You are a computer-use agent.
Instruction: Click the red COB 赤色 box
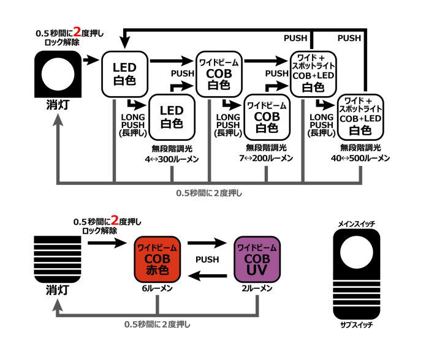point(158,260)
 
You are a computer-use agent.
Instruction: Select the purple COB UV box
point(257,260)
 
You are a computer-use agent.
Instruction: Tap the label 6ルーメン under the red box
point(158,288)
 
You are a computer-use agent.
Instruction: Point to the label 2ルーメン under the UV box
point(257,288)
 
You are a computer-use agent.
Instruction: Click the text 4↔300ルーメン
point(172,159)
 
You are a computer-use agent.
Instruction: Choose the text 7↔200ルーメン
point(266,158)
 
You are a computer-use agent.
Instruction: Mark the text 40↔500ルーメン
point(360,158)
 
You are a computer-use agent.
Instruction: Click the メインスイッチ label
point(357,224)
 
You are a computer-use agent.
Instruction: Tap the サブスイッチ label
point(357,324)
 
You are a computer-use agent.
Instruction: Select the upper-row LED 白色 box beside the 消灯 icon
point(124,74)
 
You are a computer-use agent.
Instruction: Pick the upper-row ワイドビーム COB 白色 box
point(219,74)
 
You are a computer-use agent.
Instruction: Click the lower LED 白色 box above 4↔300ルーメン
point(172,117)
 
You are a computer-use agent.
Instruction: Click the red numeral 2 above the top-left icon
point(77,32)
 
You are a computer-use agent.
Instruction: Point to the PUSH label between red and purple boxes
point(207,260)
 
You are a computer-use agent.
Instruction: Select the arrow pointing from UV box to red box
point(207,276)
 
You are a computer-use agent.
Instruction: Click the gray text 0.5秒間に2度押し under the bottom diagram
point(158,324)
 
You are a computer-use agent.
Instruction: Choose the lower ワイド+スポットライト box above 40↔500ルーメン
point(360,117)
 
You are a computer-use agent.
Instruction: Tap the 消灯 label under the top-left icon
point(58,105)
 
